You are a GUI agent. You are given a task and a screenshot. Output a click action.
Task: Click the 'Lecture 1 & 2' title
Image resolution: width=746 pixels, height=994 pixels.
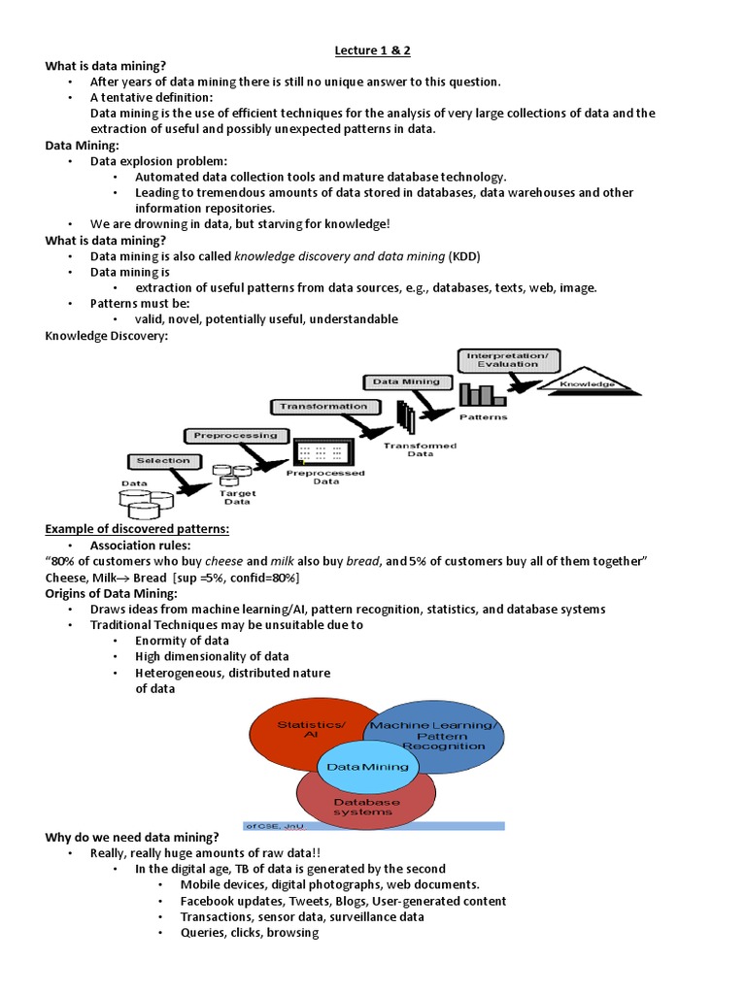[x=372, y=50]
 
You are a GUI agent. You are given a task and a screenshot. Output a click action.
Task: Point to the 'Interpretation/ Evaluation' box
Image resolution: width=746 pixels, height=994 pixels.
[x=508, y=360]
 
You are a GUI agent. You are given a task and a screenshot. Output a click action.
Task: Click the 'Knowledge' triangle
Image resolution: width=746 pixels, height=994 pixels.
[x=587, y=383]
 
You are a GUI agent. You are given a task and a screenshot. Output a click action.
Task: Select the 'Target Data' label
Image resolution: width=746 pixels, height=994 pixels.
[x=239, y=498]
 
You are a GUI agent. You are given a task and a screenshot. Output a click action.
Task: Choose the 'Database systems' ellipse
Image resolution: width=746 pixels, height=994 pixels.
[x=366, y=807]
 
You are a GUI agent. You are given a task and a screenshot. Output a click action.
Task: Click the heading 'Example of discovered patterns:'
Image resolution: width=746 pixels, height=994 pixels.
[x=138, y=529]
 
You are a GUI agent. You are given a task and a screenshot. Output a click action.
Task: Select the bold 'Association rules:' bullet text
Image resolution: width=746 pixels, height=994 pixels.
[x=141, y=545]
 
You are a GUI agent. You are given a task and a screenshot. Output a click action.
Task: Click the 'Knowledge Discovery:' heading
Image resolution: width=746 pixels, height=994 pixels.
[x=107, y=336]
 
